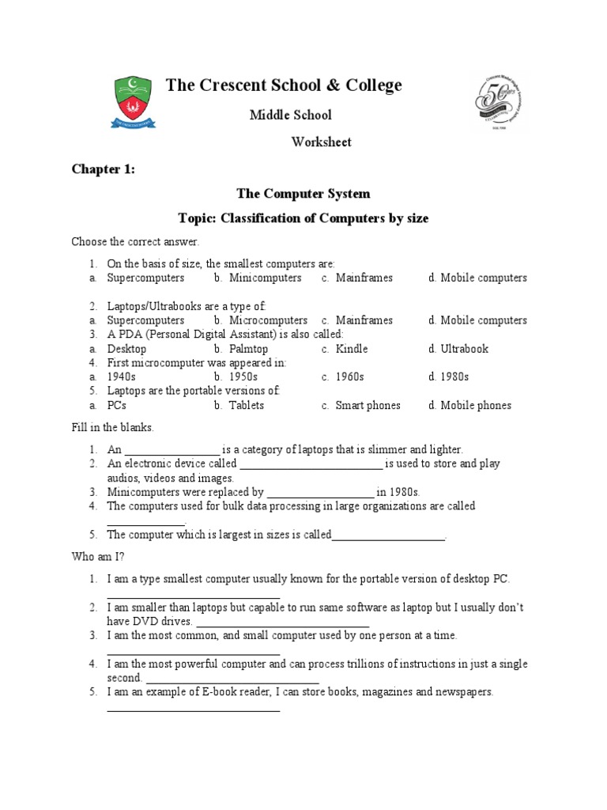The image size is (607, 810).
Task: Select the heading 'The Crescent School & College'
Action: [284, 85]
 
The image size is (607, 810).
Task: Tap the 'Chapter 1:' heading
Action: [104, 168]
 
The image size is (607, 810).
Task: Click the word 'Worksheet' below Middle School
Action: [321, 142]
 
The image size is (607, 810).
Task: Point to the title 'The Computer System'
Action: [303, 193]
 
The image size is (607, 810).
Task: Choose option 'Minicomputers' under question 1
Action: [265, 278]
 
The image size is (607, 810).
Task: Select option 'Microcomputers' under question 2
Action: [268, 320]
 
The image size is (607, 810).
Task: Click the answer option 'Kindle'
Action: [352, 349]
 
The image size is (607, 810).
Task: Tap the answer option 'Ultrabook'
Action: [465, 349]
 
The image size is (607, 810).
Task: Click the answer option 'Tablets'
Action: [247, 406]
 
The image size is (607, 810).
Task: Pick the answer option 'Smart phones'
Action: [368, 406]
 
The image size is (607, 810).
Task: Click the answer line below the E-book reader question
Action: [194, 710]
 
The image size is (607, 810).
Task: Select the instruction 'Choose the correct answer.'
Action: [136, 241]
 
